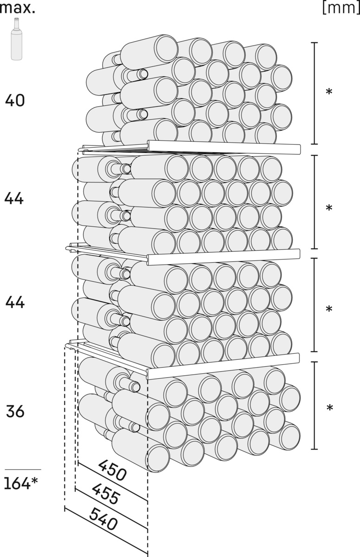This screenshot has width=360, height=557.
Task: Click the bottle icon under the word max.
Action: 17,39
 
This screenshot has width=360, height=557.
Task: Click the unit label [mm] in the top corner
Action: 341,8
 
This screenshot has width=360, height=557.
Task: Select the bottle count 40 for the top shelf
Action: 15,100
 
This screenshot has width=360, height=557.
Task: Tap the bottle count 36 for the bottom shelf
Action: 15,411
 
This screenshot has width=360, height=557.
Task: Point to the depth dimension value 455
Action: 106,494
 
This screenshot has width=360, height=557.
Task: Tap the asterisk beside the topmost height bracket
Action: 329,92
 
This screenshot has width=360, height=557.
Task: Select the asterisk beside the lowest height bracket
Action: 330,408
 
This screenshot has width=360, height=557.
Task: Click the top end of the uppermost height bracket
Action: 314,43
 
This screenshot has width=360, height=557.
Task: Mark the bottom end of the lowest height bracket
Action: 314,449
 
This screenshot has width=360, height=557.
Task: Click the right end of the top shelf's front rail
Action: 300,149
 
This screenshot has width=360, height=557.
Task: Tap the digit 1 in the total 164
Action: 7,484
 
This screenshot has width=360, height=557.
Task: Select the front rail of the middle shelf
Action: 223,257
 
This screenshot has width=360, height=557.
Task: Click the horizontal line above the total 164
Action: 23,469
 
